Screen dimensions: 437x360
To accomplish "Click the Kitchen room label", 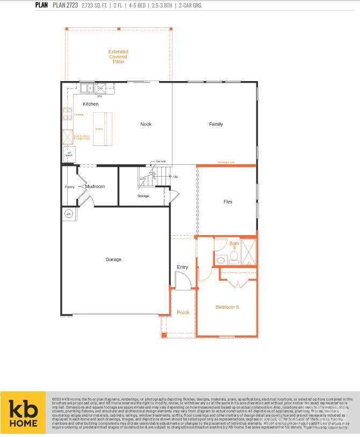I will (90, 104).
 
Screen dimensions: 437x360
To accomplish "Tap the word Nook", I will (146, 124).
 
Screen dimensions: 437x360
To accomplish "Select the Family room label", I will (215, 124).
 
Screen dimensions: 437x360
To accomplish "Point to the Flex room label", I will (228, 202).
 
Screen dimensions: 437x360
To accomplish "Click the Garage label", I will (113, 259).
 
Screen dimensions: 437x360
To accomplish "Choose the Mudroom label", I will (95, 186).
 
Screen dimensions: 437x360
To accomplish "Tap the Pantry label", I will (69, 187).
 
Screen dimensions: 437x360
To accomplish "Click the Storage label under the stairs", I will (143, 196).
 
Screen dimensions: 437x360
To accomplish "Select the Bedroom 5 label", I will (227, 307).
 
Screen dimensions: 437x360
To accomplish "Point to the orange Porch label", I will (183, 312).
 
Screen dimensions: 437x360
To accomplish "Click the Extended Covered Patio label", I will (118, 57).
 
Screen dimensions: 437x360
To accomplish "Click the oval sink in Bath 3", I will (221, 260).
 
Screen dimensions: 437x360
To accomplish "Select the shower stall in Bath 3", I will (249, 252).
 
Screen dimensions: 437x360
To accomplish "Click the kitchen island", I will (99, 129).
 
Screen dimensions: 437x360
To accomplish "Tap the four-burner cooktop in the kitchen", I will (68, 114).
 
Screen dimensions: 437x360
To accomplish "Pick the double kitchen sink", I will (87, 88).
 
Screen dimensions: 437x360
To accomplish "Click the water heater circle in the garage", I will (68, 214).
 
